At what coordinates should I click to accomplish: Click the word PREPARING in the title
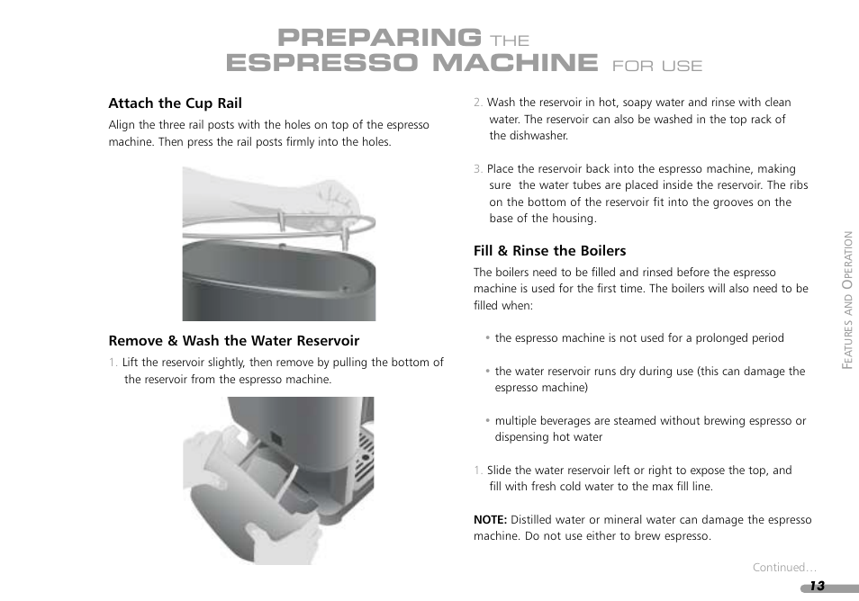point(379,38)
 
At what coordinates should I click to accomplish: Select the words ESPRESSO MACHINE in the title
point(412,62)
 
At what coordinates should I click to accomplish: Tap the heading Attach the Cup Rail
point(176,103)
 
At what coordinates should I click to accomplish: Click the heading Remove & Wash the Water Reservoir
point(234,341)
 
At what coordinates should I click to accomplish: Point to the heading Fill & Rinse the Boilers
point(549,251)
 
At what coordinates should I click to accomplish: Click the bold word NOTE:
point(491,519)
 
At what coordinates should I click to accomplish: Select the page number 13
point(817,587)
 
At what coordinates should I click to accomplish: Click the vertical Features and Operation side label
point(847,300)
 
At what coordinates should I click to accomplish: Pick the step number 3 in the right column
point(478,169)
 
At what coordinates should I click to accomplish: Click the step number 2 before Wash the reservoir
point(478,103)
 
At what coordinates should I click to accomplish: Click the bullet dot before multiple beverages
point(487,421)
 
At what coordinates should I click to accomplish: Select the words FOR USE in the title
point(656,67)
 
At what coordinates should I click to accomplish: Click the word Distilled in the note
point(532,519)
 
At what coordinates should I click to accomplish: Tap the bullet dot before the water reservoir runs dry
point(487,371)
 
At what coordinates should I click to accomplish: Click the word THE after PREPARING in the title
point(510,41)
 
